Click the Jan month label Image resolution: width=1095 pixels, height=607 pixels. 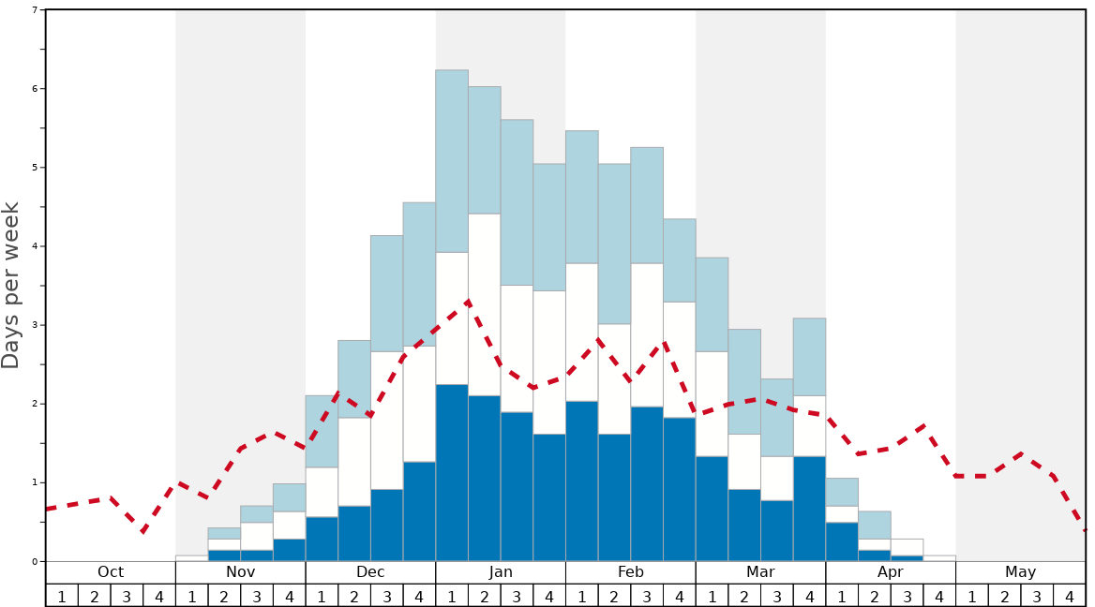[501, 572]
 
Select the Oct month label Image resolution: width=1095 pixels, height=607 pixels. [111, 572]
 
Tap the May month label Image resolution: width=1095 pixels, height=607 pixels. [1020, 572]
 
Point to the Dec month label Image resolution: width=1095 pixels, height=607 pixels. [370, 572]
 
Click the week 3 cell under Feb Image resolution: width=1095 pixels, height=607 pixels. [647, 596]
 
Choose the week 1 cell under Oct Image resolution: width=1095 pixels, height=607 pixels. [62, 596]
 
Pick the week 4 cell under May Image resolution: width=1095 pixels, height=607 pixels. [1070, 596]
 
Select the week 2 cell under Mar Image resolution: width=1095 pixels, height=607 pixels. [744, 596]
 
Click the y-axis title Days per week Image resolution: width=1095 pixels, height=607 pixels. [11, 285]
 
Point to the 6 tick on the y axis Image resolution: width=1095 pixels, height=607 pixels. [37, 89]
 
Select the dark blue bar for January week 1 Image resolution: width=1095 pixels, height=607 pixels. [452, 473]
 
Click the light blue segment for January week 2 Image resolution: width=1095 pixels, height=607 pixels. [485, 150]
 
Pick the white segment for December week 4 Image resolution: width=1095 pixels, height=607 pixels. [419, 404]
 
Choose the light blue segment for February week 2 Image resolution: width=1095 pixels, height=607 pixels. [614, 244]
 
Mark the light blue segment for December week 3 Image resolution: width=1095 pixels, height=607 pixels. [387, 293]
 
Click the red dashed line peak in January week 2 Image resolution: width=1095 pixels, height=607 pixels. [468, 302]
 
